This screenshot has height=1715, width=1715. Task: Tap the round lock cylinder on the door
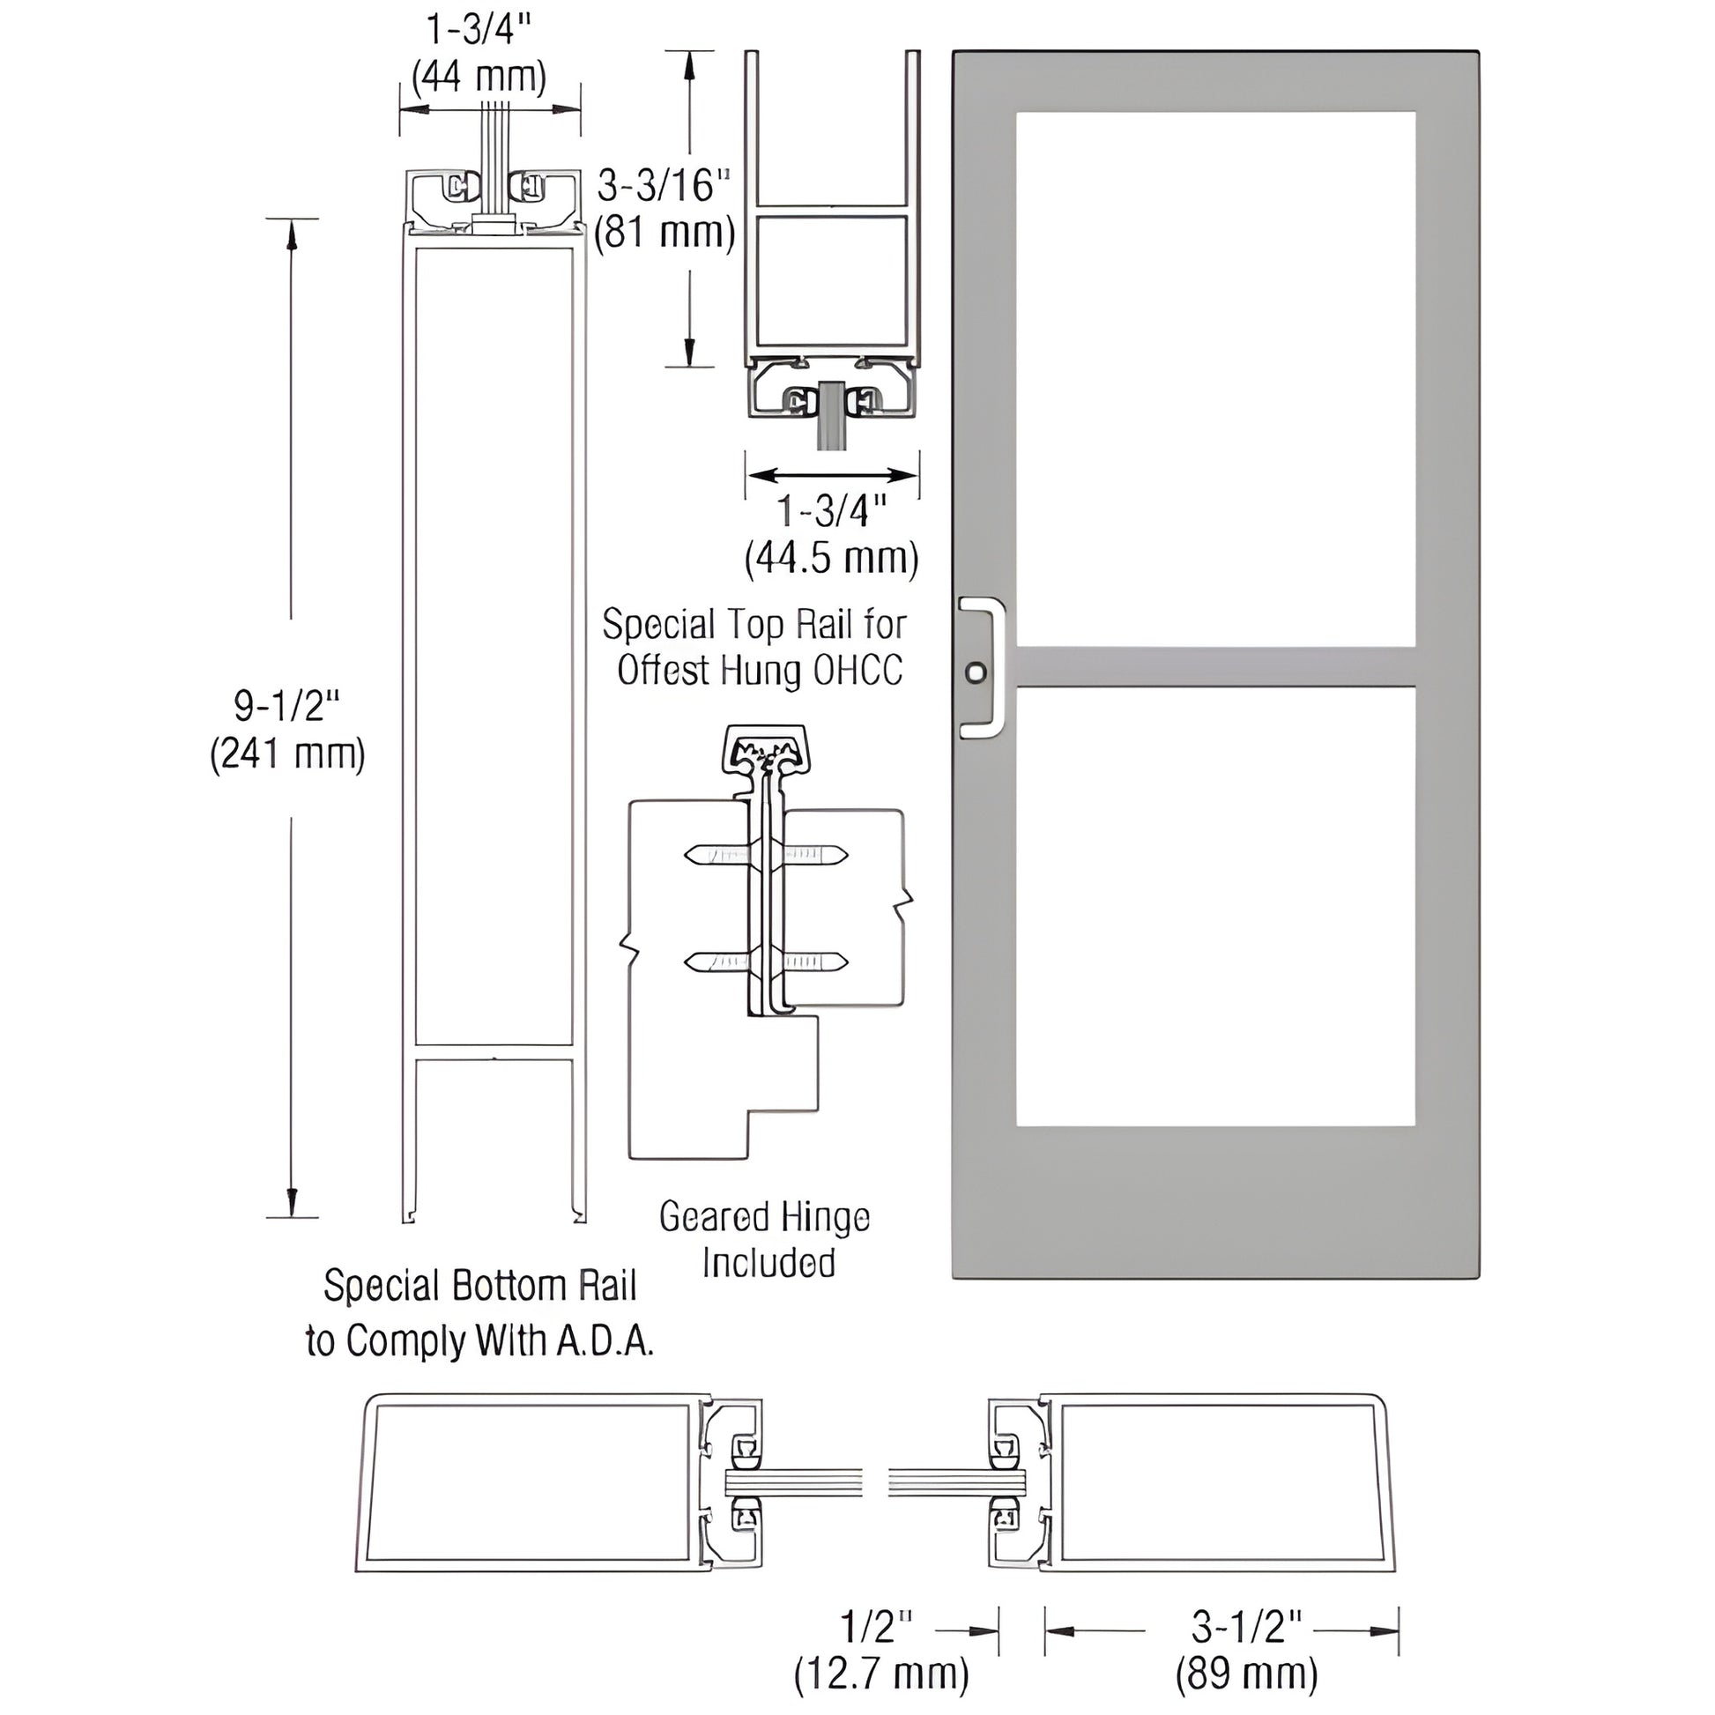[x=976, y=672]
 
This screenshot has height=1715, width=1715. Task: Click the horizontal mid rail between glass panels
[x=1215, y=666]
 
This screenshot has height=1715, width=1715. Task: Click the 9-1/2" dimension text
[x=286, y=706]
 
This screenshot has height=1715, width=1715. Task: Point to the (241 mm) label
[x=286, y=754]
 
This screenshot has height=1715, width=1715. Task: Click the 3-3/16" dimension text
[x=663, y=186]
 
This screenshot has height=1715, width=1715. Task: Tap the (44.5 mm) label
[x=831, y=559]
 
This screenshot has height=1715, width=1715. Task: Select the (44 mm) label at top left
[x=479, y=77]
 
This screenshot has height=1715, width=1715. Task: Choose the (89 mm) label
[x=1246, y=1674]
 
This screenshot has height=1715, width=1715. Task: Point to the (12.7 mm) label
[x=880, y=1674]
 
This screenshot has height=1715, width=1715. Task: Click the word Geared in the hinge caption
[x=709, y=1216]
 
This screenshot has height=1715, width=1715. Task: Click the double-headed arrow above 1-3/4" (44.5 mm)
[x=832, y=476]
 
